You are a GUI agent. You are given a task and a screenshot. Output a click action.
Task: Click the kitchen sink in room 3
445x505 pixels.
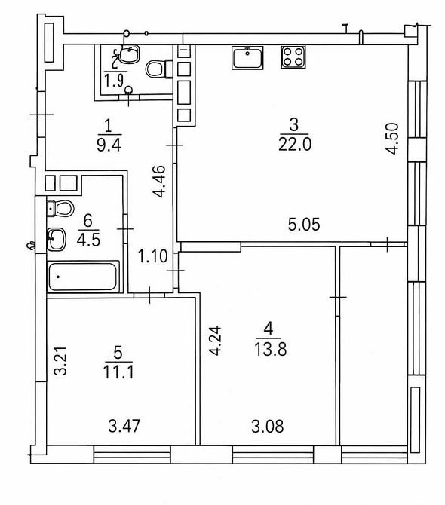tap(247, 58)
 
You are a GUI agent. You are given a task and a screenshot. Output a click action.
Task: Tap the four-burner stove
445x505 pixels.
tap(293, 57)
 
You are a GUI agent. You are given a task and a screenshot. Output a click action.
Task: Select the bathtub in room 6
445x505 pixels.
tap(83, 277)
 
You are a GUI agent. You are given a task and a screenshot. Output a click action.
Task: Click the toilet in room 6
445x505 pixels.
tap(60, 208)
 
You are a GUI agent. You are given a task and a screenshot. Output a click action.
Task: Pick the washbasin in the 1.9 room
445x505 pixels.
tap(129, 54)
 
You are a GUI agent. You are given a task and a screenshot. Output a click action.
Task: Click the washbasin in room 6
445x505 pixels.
tap(57, 239)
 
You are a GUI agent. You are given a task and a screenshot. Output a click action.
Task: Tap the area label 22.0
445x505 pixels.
tap(295, 144)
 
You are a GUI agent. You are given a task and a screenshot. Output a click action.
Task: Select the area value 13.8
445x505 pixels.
tap(270, 349)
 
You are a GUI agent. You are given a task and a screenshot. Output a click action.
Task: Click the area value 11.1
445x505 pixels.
tap(118, 372)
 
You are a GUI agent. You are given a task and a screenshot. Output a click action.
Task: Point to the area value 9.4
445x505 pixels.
tap(109, 145)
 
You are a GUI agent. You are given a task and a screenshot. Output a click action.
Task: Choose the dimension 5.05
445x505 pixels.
tap(304, 225)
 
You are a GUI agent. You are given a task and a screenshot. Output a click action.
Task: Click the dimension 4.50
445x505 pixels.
tap(394, 139)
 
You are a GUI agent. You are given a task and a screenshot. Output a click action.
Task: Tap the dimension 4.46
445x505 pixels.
tap(159, 181)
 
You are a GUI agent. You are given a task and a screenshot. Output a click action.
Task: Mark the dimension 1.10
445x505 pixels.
tap(153, 257)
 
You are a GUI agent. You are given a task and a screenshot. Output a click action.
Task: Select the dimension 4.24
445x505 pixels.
tap(215, 341)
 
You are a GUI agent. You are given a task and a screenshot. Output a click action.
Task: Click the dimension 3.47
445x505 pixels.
tap(124, 426)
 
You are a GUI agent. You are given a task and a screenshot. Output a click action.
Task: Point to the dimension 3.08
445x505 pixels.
tap(268, 426)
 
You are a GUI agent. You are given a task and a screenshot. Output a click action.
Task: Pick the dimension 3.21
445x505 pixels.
tap(60, 361)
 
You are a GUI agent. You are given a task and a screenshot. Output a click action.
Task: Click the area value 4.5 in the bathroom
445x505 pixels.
tap(88, 240)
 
